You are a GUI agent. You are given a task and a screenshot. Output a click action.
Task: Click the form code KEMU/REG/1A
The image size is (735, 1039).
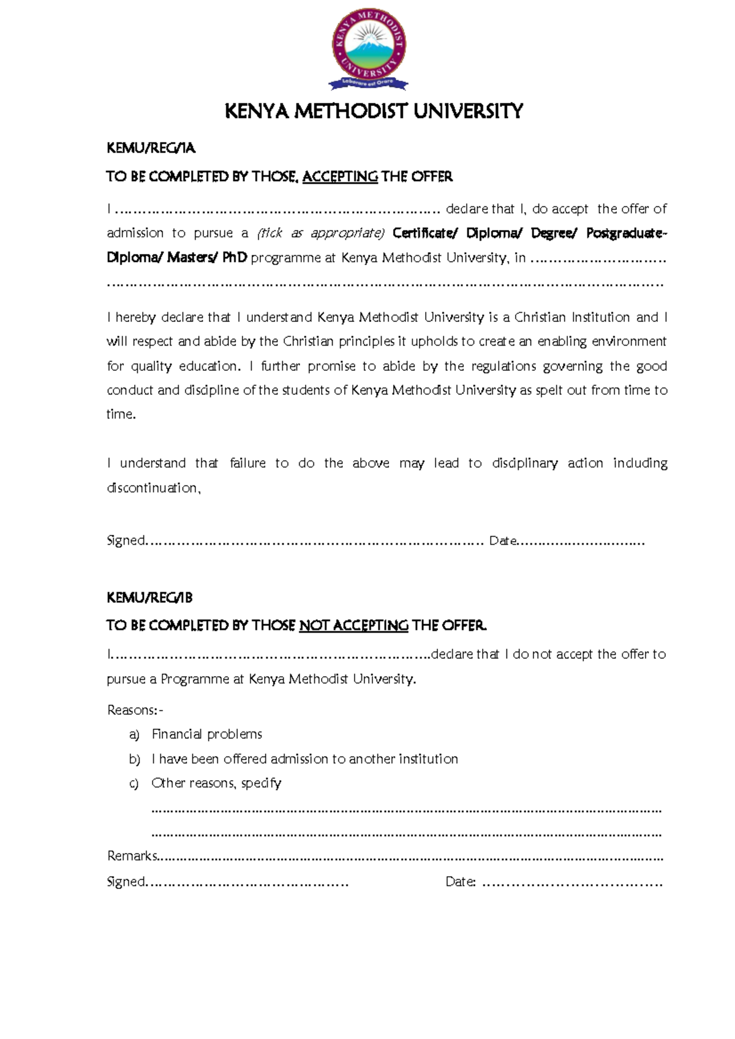(151, 148)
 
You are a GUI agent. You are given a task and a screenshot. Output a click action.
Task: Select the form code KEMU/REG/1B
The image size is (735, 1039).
(149, 598)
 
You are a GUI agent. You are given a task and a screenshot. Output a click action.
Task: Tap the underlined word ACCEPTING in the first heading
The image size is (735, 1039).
(340, 177)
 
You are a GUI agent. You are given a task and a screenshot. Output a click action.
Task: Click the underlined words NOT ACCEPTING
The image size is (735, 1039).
(353, 625)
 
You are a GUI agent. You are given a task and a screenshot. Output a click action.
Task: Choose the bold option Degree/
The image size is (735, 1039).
(554, 233)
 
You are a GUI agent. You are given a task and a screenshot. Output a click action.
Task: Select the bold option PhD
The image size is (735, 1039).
(235, 258)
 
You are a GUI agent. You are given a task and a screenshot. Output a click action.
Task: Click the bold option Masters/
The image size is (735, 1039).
(192, 258)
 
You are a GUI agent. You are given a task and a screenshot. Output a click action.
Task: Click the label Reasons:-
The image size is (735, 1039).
(135, 710)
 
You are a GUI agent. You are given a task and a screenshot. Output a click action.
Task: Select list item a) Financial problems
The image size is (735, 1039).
(206, 734)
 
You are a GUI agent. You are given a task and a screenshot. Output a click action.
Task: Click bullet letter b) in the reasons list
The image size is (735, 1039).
(135, 759)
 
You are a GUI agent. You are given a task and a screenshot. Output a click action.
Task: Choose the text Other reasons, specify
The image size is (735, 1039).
(216, 783)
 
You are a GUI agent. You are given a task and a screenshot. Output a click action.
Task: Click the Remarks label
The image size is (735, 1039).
(132, 856)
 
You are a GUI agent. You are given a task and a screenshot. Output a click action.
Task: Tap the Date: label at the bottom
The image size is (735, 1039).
(461, 882)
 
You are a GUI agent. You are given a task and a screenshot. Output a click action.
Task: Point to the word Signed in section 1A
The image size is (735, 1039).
(126, 541)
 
